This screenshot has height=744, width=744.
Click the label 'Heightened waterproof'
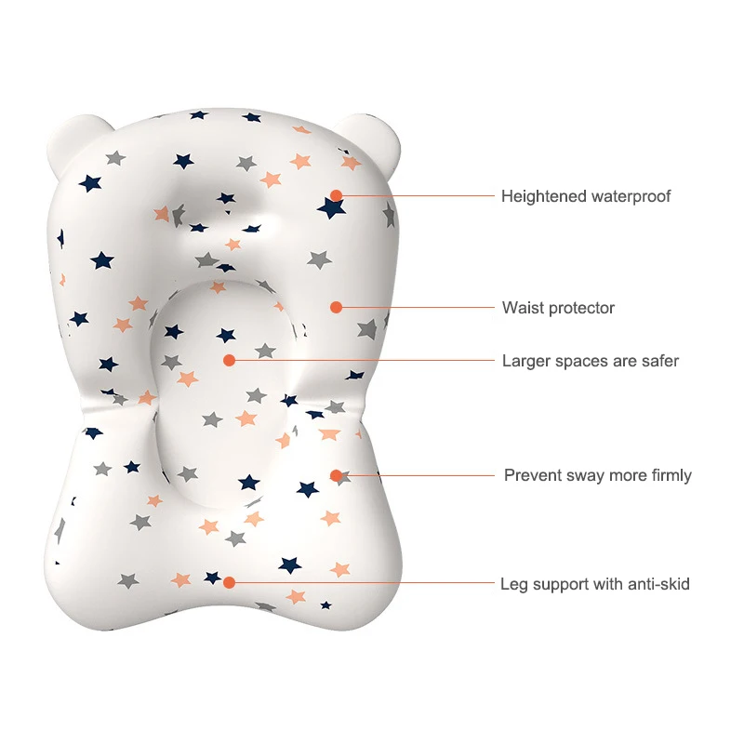tap(586, 196)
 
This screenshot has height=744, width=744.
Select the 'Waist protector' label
tap(558, 308)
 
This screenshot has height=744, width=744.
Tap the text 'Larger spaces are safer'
tap(591, 361)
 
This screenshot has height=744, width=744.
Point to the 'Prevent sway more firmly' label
tap(598, 475)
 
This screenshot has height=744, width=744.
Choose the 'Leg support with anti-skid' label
tap(595, 584)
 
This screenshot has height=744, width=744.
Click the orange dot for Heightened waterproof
tap(336, 195)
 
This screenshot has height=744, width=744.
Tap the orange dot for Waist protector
tap(337, 307)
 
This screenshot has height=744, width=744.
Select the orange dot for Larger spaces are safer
tap(230, 359)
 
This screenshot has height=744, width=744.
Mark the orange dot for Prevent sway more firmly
tap(337, 475)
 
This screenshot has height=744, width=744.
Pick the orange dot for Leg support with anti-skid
tap(230, 583)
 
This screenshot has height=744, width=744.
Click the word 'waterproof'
tap(631, 196)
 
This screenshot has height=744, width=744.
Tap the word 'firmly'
tap(670, 475)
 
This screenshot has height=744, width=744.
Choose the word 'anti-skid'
tap(658, 584)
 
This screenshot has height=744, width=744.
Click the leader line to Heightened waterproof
tap(418, 195)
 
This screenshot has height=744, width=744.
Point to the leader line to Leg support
tap(363, 583)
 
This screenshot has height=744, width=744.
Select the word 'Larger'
tap(525, 361)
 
